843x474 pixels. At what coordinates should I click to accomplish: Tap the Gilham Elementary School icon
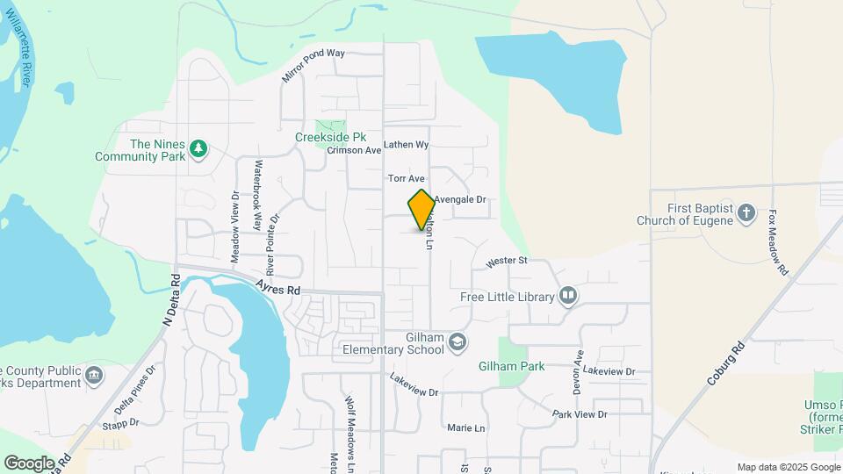point(457,341)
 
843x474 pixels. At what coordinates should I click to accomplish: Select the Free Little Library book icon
point(568,297)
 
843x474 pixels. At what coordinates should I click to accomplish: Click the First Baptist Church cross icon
point(746,212)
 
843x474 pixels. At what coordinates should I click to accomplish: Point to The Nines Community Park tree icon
point(199,148)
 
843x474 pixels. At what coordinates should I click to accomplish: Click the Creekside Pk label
point(330,137)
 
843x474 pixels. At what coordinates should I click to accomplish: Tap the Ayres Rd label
point(278,287)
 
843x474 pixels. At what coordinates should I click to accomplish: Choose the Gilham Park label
point(511,366)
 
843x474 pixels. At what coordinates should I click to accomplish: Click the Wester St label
point(506,261)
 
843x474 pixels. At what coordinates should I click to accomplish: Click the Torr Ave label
point(406,178)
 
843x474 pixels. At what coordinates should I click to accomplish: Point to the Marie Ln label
point(465,428)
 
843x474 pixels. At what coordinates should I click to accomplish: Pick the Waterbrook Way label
point(258,193)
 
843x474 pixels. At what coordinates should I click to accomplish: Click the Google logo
point(29,463)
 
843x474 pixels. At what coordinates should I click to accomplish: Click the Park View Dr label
point(580,414)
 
